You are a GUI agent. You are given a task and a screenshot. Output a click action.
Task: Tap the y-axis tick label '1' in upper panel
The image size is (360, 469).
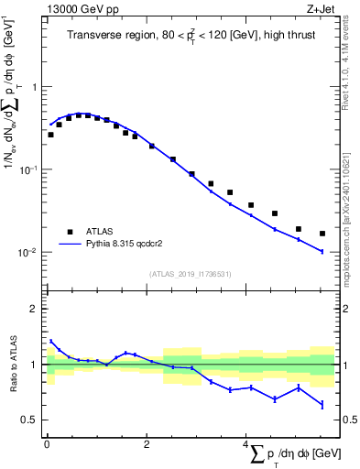(36, 87)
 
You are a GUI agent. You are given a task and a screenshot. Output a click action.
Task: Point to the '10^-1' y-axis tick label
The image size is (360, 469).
(30, 169)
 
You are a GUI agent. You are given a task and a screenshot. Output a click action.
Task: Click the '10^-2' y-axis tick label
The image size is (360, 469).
(30, 252)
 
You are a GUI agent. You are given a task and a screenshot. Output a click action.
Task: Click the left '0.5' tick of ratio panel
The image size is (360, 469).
(32, 420)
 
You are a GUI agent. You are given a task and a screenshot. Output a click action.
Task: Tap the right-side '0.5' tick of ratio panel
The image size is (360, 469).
(348, 420)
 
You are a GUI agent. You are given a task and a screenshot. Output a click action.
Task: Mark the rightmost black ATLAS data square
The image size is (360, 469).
(322, 234)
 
